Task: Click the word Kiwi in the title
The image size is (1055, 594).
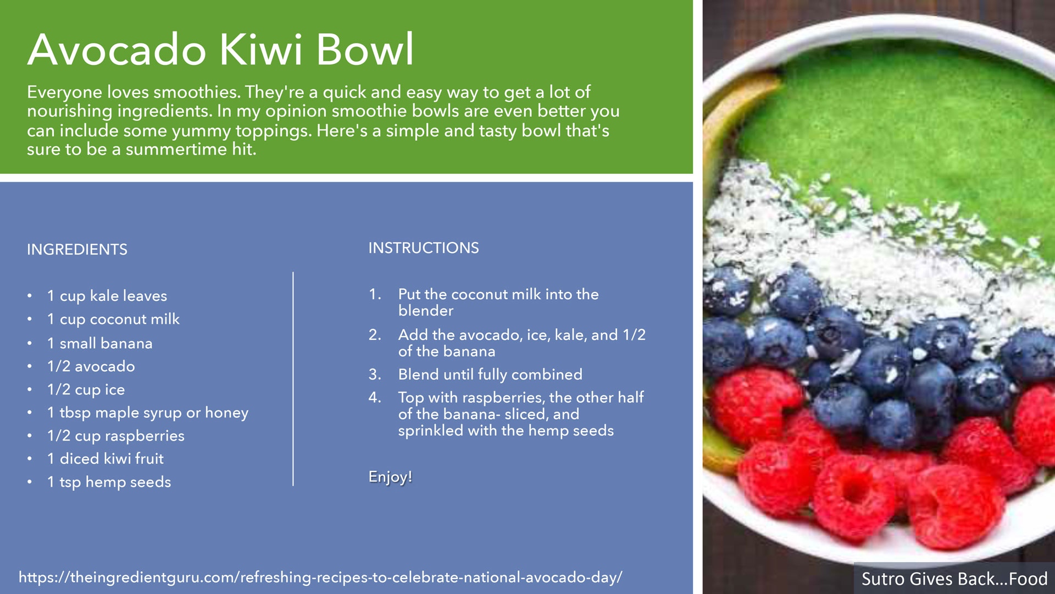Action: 262,50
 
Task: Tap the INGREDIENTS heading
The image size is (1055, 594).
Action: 77,250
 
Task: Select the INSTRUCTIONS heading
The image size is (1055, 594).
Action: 424,248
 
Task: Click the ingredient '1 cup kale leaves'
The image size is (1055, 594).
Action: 107,296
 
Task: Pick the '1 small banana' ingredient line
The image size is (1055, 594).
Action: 100,343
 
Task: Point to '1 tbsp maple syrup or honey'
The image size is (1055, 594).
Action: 148,413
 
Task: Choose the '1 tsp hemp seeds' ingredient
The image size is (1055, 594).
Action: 109,482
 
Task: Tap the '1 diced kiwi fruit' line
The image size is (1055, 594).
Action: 105,459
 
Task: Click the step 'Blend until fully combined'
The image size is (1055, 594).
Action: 490,375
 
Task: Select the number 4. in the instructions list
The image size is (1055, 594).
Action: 375,397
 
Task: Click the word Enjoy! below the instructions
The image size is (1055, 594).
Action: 390,477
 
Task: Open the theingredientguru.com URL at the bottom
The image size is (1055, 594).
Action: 320,577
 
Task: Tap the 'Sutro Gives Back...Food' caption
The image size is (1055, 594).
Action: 954,579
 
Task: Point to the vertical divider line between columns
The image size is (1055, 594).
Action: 293,379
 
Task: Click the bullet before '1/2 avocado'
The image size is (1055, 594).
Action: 30,367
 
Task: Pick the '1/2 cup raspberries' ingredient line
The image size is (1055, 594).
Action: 116,436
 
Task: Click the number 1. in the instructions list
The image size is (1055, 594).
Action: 375,294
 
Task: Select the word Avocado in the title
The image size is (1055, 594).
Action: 117,50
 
